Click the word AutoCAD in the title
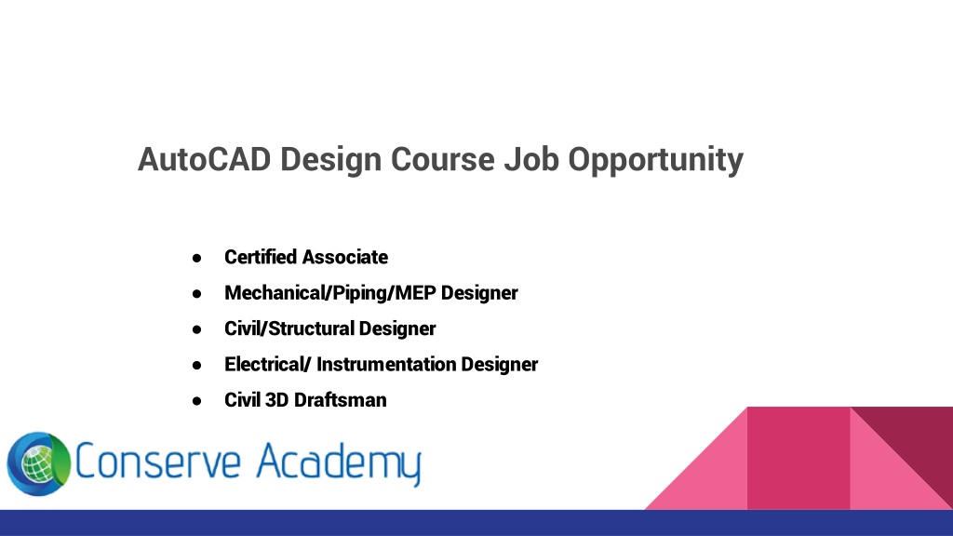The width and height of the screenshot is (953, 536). pos(204,159)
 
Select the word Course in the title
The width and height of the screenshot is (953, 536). pos(442,159)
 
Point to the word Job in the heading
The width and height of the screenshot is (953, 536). pos(531,159)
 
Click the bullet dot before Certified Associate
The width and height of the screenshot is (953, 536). pos(196,259)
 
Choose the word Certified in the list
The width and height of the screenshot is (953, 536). pos(261,257)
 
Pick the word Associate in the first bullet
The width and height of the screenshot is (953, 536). pos(344,257)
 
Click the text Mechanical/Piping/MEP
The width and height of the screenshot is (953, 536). pos(330,293)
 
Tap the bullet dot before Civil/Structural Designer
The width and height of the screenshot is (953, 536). pos(196,330)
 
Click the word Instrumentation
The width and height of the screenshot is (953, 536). pos(386,365)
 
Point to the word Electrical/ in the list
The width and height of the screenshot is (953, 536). pos(268,365)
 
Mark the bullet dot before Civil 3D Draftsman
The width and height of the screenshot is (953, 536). pos(196,402)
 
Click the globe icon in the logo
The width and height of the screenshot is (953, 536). pos(39,464)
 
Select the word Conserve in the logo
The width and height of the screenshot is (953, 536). pos(158,462)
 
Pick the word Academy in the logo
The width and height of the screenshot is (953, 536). pos(339,464)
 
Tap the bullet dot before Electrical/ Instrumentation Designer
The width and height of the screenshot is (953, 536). pos(196,366)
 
